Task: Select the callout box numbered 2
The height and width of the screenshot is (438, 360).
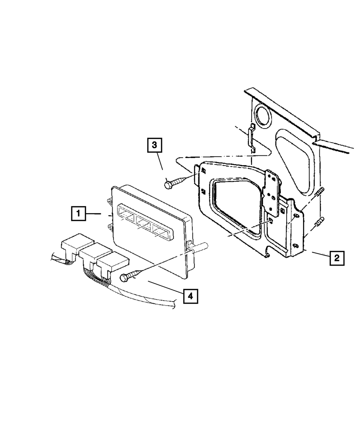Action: [x=336, y=258]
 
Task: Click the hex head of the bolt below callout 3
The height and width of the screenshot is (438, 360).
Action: [x=168, y=185]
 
